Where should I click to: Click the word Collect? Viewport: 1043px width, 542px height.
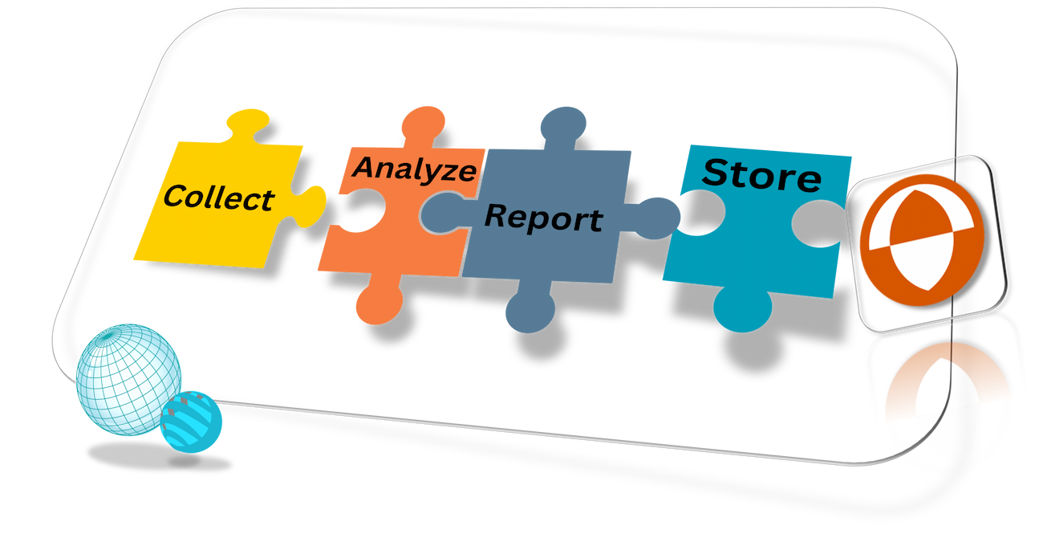219,198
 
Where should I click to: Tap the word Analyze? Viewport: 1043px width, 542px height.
415,169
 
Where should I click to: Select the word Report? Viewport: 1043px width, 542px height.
544,218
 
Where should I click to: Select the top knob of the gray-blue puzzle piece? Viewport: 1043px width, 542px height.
562,125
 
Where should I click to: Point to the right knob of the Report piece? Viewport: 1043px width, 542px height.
658,218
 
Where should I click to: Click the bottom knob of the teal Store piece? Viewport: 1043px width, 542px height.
743,308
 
